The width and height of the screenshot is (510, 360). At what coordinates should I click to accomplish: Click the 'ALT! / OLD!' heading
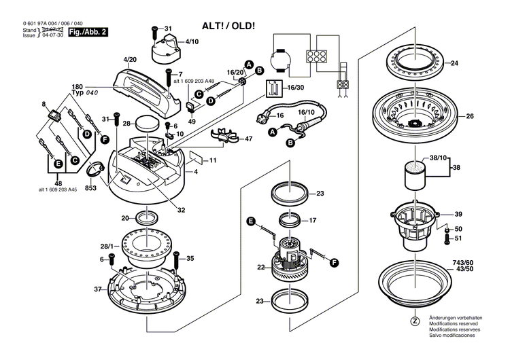[x=228, y=26]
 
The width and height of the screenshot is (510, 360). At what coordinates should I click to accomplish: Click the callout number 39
[x=458, y=213]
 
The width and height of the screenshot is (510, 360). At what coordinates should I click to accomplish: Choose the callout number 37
[x=98, y=289]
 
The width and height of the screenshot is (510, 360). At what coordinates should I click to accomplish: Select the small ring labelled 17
[x=292, y=220]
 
